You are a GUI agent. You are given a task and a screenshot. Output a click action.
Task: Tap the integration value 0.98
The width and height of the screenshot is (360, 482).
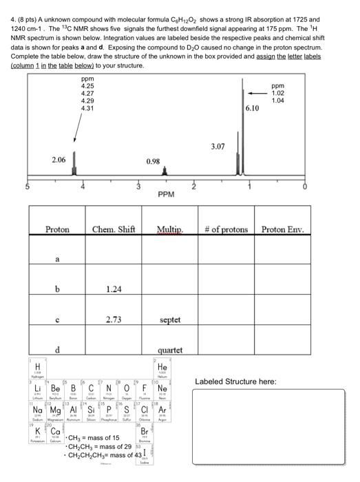153,160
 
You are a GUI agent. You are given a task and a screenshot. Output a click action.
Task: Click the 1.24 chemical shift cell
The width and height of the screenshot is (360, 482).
114,290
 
